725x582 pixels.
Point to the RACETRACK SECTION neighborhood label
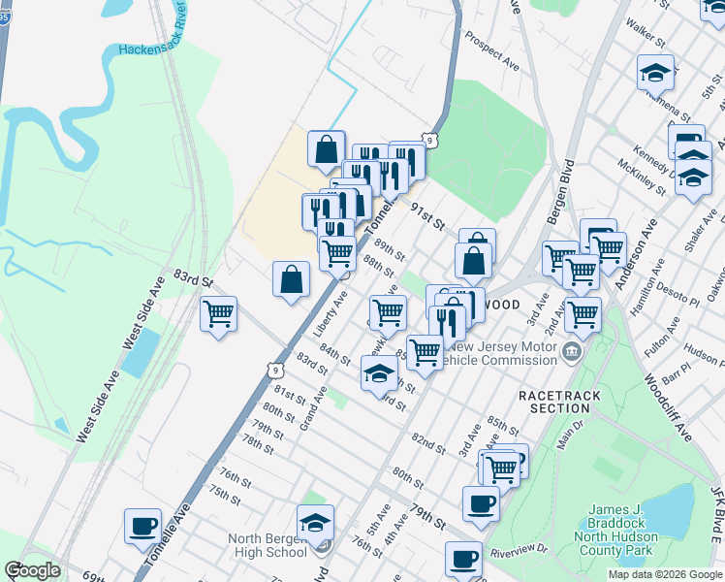point(560,402)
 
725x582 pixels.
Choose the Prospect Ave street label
point(491,51)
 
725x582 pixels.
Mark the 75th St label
point(223,495)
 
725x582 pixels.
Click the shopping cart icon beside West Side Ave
point(219,313)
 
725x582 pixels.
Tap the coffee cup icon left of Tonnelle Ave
point(142,526)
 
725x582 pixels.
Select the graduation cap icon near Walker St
point(655,72)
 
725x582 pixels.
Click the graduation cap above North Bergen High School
point(315,522)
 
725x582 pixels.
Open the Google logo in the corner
point(32,570)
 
